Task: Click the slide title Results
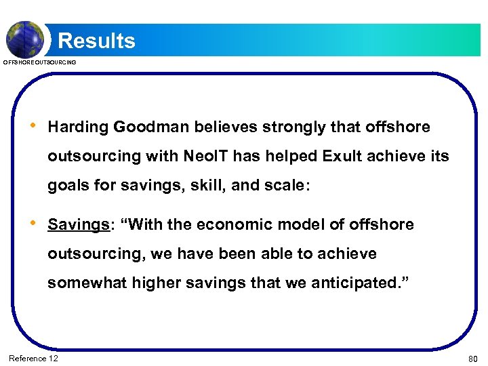tap(96, 41)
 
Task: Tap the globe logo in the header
tap(24, 39)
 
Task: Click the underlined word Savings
tap(76, 224)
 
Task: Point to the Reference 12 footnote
tap(33, 358)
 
